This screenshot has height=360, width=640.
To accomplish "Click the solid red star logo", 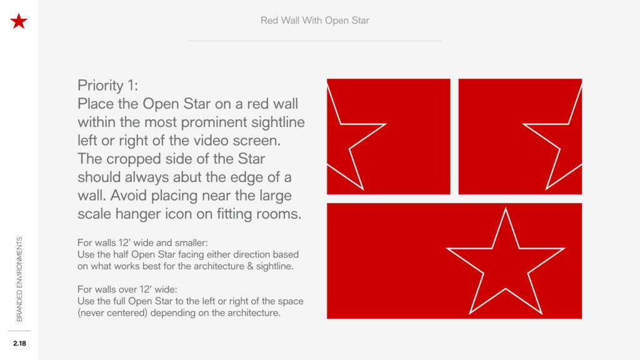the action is pos(19,21).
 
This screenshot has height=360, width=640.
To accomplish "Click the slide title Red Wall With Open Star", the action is pos(315,21).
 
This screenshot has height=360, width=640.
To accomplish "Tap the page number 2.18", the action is pos(19,343).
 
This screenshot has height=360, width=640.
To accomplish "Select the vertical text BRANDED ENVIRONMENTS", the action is pos(19,279).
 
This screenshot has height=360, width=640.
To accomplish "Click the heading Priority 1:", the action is pos(107,85).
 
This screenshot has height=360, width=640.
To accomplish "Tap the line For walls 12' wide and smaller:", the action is pos(142,243).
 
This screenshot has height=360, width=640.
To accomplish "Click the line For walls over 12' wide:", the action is pos(127,289).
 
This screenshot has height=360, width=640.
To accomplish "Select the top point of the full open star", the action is pos(505,209).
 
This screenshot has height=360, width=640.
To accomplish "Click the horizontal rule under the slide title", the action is pos(315,41).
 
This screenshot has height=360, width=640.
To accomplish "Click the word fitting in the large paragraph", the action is pos(232,214).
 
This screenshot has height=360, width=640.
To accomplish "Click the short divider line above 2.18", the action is pos(19,331).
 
